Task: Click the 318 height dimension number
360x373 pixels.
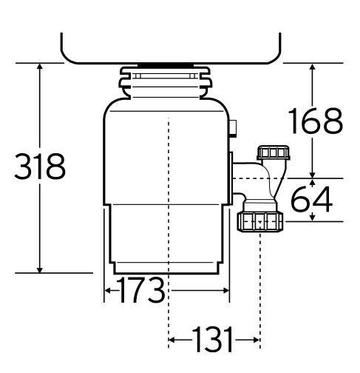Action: click(x=40, y=166)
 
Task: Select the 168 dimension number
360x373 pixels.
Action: click(x=316, y=121)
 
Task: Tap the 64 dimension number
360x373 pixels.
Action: click(x=312, y=199)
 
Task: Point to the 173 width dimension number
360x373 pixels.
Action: click(x=140, y=290)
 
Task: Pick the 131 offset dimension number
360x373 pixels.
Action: click(x=213, y=340)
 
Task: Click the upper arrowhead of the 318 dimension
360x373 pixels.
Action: click(x=40, y=67)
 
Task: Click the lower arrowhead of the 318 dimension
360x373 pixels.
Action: click(x=40, y=269)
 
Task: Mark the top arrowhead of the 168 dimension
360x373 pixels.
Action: click(x=313, y=67)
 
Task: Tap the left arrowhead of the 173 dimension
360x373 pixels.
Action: click(x=108, y=291)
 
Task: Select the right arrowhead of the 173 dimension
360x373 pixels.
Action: click(x=225, y=291)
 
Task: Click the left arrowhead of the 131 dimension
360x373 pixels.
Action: click(x=172, y=340)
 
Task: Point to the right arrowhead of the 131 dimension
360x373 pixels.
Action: click(x=257, y=340)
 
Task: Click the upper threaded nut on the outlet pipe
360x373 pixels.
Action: click(x=274, y=152)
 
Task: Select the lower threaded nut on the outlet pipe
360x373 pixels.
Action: click(x=260, y=221)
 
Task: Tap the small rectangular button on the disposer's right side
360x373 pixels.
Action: click(x=233, y=128)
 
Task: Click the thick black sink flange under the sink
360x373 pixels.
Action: click(x=166, y=65)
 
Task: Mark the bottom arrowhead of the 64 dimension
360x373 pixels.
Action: click(x=313, y=218)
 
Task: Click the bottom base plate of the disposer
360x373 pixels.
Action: click(x=166, y=268)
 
